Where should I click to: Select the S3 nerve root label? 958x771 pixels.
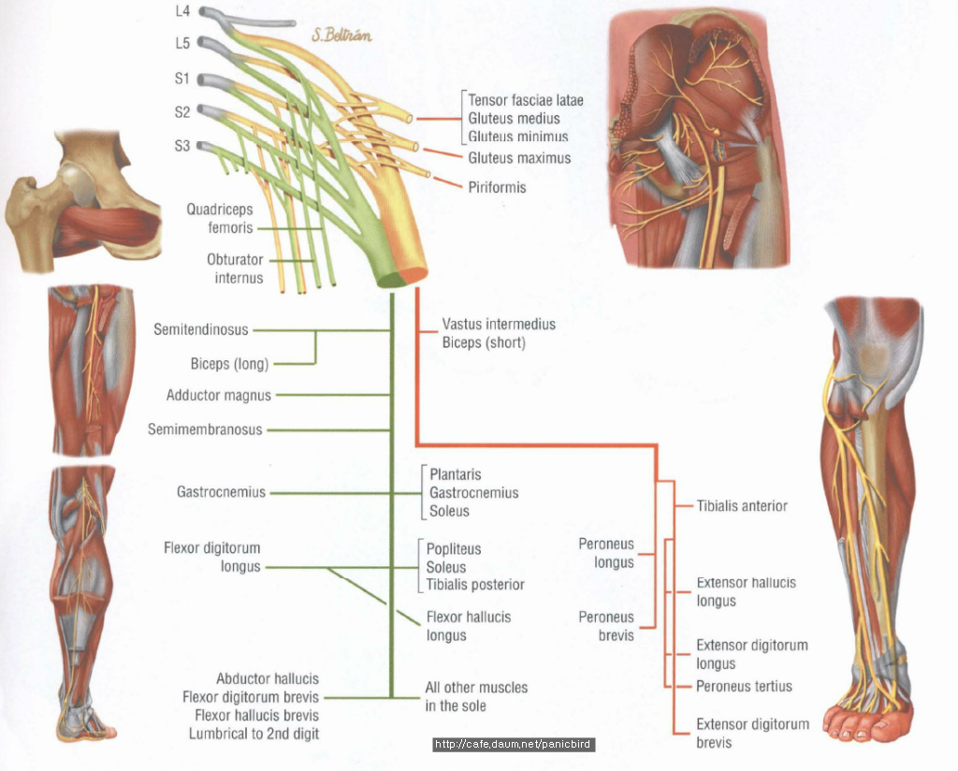tap(181, 146)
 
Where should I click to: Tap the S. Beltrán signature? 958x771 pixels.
tap(342, 36)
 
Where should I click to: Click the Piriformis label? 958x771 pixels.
tap(497, 187)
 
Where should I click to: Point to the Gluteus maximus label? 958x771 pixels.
tap(519, 158)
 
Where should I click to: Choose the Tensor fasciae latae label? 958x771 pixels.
tap(526, 100)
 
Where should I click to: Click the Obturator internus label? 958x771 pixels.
tap(235, 269)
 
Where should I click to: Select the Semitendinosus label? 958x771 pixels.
tap(201, 329)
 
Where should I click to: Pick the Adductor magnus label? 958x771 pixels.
tap(219, 396)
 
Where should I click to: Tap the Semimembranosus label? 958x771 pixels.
tap(205, 429)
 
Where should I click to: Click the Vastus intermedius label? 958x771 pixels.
tap(499, 324)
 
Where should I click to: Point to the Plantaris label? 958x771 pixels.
tap(456, 474)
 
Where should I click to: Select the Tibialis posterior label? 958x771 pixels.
tap(475, 585)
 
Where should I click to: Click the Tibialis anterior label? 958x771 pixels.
tap(742, 506)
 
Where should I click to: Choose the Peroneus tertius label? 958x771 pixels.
tap(744, 686)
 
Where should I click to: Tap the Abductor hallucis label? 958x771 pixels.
tap(268, 679)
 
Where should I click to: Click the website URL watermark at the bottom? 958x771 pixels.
tap(514, 746)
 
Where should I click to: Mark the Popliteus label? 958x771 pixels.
tap(454, 549)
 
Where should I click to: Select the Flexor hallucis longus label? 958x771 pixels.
tap(469, 626)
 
